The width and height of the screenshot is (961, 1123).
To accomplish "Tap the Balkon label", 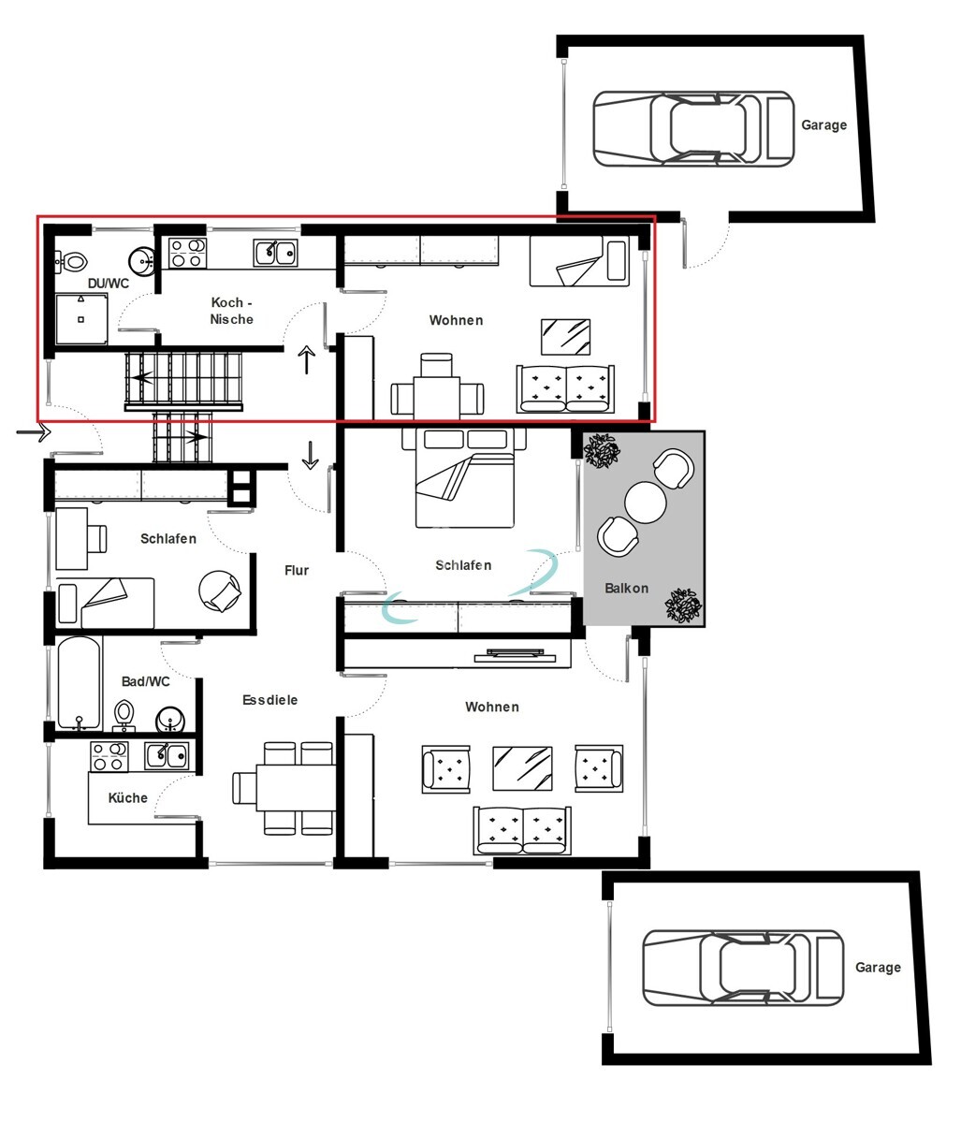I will [626, 589].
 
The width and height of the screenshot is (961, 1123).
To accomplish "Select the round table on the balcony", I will [645, 503].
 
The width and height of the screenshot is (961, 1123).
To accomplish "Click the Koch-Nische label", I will [231, 311].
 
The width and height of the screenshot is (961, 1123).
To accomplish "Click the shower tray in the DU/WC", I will [80, 318].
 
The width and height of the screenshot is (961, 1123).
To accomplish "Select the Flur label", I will [297, 570].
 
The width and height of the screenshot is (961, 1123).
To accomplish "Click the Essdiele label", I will [269, 699].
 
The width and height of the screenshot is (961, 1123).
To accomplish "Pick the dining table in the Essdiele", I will [284, 786].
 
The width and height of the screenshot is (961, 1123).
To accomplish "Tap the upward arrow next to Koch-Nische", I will [307, 359].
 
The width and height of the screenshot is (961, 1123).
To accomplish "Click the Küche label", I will [128, 797].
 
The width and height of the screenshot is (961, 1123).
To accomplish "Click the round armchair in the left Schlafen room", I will [222, 591].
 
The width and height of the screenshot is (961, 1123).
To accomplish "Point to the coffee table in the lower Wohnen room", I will [522, 767].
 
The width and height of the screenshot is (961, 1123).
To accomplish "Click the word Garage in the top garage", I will [823, 124].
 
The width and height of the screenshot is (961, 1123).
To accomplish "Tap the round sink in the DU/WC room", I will [142, 260].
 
